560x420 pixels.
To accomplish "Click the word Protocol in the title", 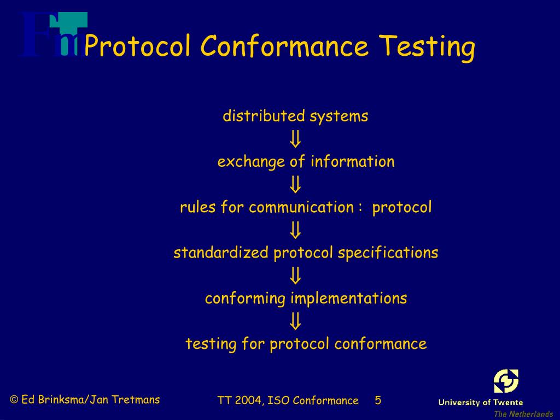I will pos(137,46).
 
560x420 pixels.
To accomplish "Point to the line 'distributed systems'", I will pos(295,116).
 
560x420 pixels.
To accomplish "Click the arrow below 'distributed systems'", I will pos(295,139).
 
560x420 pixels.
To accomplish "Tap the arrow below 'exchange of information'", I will pos(295,185).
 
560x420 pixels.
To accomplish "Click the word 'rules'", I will pos(198,207).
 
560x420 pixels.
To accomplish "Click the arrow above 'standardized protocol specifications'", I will pos(295,230).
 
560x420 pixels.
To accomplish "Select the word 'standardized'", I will pos(221,253).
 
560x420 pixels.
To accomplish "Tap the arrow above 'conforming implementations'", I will pos(295,276).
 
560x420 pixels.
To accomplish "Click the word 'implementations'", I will pos(348,299).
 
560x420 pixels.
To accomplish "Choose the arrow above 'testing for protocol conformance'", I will pos(295,321).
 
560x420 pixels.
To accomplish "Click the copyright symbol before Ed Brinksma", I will pos(14,400).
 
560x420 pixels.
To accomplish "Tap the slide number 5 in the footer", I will pos(378,400).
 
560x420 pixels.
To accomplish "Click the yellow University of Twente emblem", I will pos(506,381).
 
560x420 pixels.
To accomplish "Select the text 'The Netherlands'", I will pos(523,414).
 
